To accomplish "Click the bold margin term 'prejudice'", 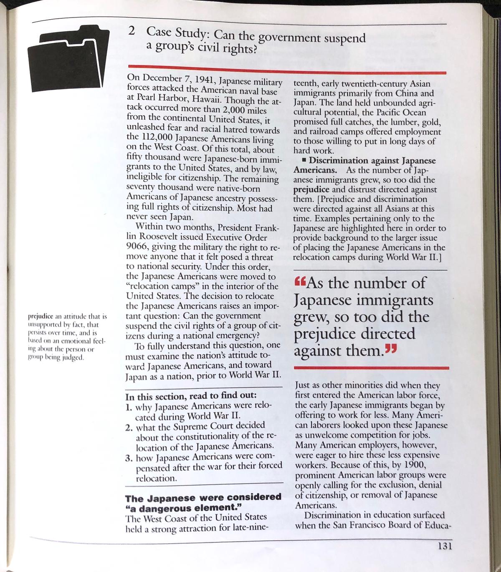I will pos(40,317).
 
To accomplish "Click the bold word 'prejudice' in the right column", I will pos(309,189).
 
